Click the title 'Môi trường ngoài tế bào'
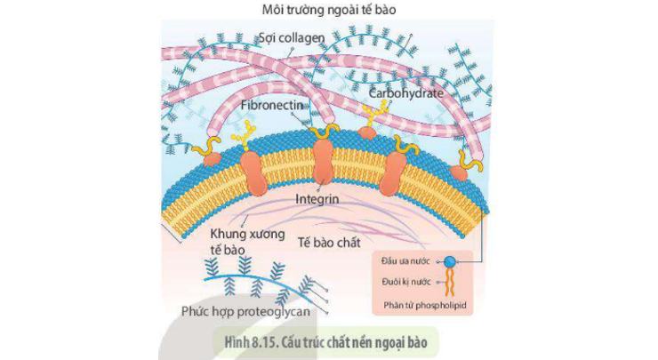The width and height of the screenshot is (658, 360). point(328,11)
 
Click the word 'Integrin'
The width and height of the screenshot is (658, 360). point(317,200)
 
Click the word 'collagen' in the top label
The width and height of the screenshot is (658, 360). point(305,38)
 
